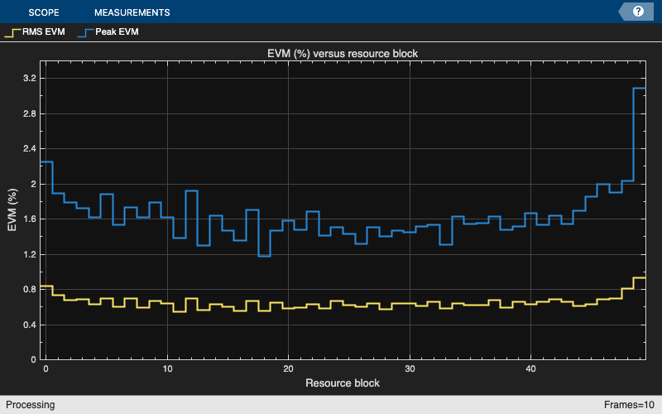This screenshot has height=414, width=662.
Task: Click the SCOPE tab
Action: [44, 12]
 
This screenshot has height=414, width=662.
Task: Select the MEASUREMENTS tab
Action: [132, 12]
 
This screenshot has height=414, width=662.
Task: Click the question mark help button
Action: [638, 12]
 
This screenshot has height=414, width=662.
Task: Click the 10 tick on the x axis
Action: [167, 368]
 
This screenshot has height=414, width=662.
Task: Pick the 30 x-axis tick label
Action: [410, 368]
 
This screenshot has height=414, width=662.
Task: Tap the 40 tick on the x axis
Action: [531, 368]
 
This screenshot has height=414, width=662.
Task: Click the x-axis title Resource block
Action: [343, 383]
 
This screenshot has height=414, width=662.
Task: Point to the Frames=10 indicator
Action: [630, 405]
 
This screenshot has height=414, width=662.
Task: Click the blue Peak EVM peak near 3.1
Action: [639, 88]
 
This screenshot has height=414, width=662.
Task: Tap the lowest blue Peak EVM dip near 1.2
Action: [265, 256]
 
